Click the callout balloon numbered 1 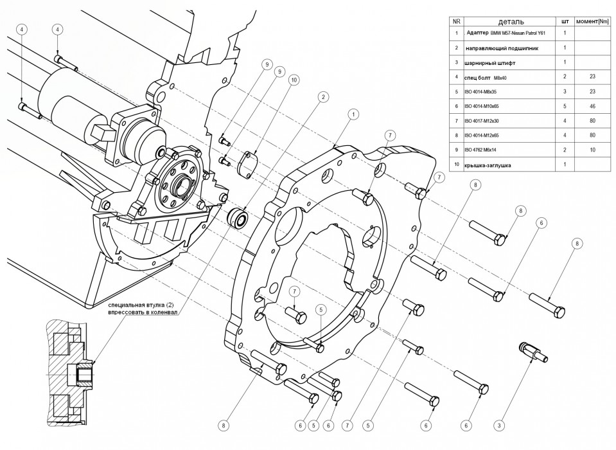click(x=353, y=114)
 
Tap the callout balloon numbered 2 click(x=324, y=96)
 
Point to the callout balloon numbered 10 click(x=294, y=80)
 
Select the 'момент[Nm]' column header click(x=592, y=21)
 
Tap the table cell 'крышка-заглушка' click(x=489, y=165)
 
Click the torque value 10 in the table click(x=592, y=150)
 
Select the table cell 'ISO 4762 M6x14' click(x=484, y=150)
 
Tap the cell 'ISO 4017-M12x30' click(x=485, y=120)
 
